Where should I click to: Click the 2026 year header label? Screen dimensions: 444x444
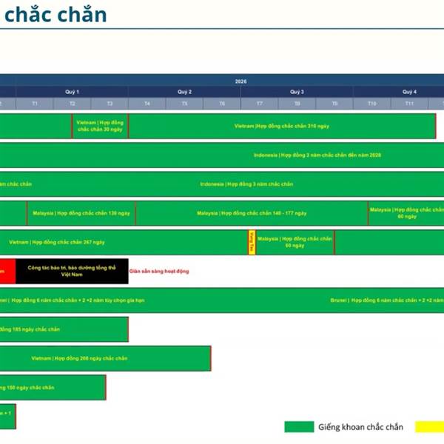[241, 81]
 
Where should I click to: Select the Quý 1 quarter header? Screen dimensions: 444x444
[72, 92]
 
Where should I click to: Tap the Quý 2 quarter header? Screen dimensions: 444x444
[184, 92]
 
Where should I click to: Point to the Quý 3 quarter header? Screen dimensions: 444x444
[297, 92]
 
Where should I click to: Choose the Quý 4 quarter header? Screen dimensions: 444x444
[408, 92]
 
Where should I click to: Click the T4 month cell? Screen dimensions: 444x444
[147, 104]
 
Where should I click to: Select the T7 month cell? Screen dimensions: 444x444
[259, 104]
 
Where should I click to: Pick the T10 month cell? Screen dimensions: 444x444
[371, 104]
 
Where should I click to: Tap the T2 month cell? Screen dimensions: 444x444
[72, 104]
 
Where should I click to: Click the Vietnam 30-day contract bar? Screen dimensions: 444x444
[100, 126]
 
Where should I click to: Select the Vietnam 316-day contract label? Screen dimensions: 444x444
[281, 126]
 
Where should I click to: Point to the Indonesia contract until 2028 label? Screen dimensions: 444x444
[317, 155]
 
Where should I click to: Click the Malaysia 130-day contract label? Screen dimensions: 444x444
[81, 213]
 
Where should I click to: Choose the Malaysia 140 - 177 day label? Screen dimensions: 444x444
[252, 213]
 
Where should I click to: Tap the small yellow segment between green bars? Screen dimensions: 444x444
[252, 243]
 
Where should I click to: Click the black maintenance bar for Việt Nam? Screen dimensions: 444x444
[72, 271]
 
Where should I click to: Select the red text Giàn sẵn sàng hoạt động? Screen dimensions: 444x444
[159, 272]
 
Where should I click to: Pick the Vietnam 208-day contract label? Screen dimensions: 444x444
[79, 358]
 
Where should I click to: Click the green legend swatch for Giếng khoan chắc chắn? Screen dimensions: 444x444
[299, 427]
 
